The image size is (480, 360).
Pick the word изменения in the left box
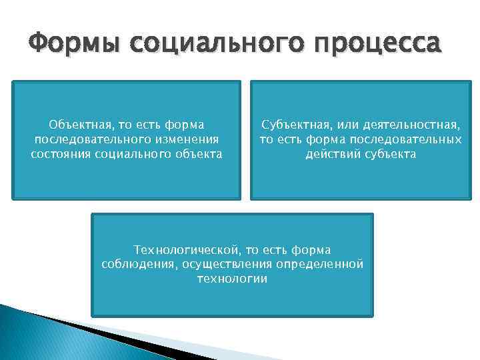(186, 139)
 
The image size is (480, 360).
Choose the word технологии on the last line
(232, 279)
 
